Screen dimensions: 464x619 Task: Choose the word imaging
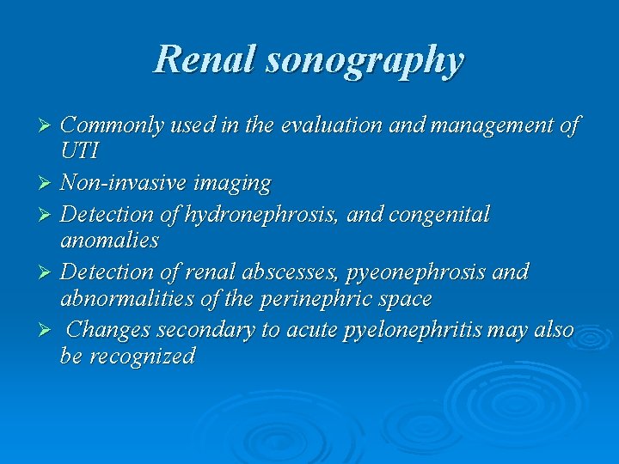pyautogui.click(x=231, y=184)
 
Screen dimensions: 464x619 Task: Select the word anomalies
pyautogui.click(x=109, y=241)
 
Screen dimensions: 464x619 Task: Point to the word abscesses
pyautogui.click(x=276, y=272)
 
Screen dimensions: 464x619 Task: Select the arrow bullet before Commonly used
pyautogui.click(x=48, y=126)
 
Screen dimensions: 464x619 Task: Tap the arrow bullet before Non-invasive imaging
pyautogui.click(x=48, y=184)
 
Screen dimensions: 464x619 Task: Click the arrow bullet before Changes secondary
pyautogui.click(x=48, y=330)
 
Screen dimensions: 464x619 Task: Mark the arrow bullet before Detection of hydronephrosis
pyautogui.click(x=48, y=214)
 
